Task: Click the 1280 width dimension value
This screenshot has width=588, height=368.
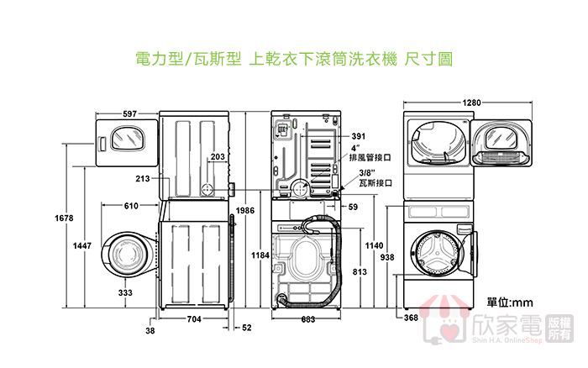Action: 472,103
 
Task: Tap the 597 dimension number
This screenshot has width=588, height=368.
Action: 129,113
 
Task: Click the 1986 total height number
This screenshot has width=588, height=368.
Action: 245,211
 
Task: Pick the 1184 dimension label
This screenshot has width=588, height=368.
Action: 260,255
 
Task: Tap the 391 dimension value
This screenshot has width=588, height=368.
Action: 359,136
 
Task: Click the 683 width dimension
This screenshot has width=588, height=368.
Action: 307,319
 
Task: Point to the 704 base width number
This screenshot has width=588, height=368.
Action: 193,319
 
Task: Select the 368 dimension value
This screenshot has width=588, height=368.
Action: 411,318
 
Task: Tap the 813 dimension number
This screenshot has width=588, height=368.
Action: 359,271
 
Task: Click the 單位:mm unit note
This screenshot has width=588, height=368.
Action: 510,301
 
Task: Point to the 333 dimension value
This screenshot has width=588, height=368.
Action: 125,292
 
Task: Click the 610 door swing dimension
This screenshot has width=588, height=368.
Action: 131,206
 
